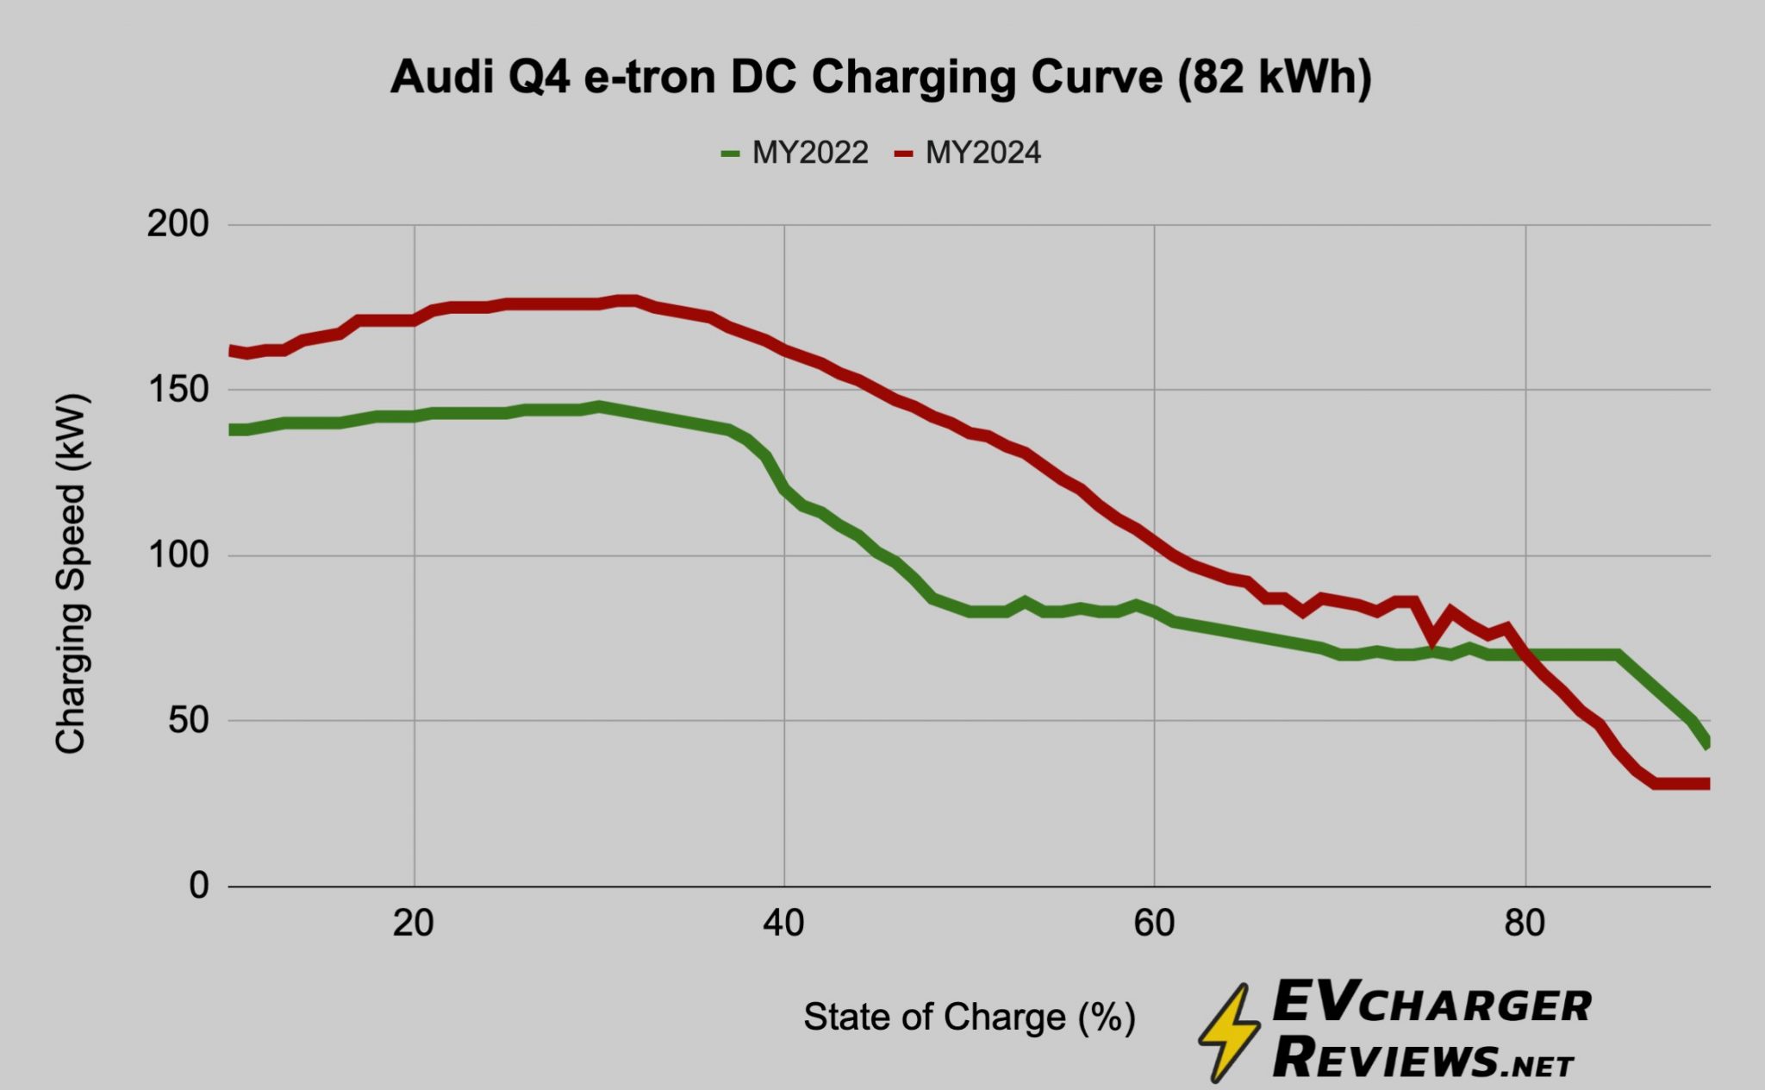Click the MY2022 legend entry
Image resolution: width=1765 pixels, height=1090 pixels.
tap(795, 153)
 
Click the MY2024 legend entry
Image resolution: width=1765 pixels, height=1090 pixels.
tap(968, 153)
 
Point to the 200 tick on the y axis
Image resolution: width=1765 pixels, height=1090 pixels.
tap(178, 224)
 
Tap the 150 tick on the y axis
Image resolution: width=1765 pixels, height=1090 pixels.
tap(178, 390)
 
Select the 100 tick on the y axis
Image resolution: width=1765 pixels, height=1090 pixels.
tap(178, 554)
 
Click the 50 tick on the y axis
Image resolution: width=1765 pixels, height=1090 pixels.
tap(188, 720)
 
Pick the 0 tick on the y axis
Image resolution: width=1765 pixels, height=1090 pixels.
tap(198, 886)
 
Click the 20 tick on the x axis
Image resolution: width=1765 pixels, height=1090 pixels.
tap(414, 924)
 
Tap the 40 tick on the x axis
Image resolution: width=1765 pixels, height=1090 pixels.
tap(783, 924)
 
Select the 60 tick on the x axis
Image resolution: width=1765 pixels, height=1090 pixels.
tap(1154, 924)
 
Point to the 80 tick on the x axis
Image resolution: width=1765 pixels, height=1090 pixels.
tap(1525, 924)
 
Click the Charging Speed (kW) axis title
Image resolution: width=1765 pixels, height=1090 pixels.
tap(71, 573)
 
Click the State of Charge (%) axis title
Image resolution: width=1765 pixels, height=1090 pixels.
tap(970, 1018)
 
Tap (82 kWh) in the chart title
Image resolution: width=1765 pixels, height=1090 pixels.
tap(1274, 78)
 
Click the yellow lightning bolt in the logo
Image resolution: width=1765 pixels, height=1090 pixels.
tap(1229, 1031)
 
